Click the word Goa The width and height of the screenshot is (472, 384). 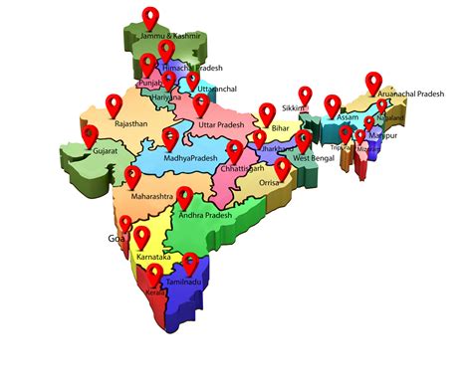[116, 240]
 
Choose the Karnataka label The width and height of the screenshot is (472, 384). [151, 258]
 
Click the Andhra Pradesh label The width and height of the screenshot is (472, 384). [205, 216]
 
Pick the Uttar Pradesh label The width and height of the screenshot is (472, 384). [221, 124]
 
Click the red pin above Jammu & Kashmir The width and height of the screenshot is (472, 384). [151, 17]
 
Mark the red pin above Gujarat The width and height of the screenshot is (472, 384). [89, 134]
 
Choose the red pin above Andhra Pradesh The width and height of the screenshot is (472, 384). [183, 198]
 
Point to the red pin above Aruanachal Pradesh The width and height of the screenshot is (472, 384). [373, 82]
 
